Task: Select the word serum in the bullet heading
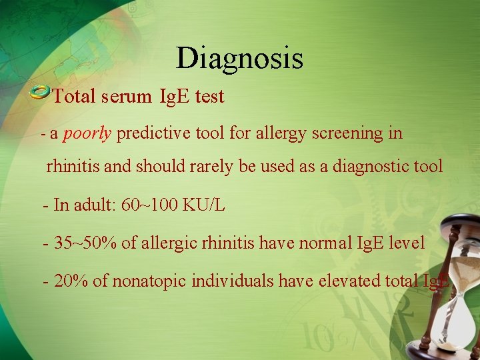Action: (x=127, y=97)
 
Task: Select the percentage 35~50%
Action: (x=86, y=243)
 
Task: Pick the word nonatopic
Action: (x=149, y=281)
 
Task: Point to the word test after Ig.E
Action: (x=210, y=97)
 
